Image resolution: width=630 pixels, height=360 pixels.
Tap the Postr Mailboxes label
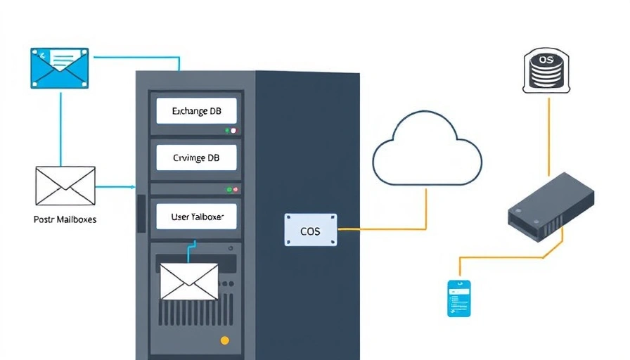(x=65, y=219)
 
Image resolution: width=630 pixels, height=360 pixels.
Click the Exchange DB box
(x=196, y=111)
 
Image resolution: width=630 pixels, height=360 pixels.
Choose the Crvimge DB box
(x=196, y=158)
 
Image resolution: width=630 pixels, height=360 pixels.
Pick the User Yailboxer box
(x=196, y=217)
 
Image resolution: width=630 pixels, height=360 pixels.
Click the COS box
(x=310, y=230)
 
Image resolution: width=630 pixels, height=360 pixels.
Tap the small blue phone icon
(x=458, y=297)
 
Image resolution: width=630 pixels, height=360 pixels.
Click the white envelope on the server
(x=189, y=281)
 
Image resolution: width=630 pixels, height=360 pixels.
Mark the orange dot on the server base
(x=225, y=341)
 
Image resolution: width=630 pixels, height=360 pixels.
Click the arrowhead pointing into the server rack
(x=132, y=187)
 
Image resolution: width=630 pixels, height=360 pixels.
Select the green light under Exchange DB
(x=227, y=131)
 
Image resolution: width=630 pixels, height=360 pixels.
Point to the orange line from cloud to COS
(x=426, y=211)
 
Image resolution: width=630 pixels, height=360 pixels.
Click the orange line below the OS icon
(x=548, y=134)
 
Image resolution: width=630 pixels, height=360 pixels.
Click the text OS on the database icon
(x=547, y=60)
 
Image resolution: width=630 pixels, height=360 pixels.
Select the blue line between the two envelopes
(x=60, y=127)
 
